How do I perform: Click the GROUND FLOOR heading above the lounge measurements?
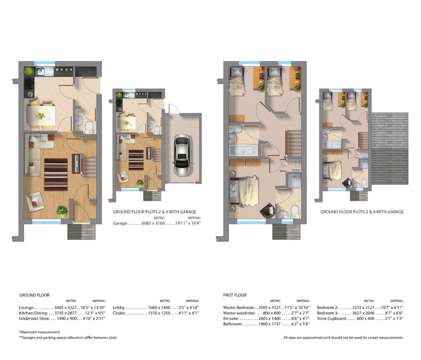(x=34, y=295)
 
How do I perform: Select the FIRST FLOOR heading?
(x=235, y=295)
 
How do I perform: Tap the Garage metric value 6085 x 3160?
(x=153, y=223)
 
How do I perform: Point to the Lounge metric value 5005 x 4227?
(x=65, y=308)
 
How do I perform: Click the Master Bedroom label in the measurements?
(x=238, y=308)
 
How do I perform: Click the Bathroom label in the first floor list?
(x=233, y=324)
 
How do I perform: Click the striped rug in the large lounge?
(x=56, y=175)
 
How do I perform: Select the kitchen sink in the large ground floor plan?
(x=41, y=72)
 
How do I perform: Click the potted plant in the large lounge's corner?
(x=62, y=211)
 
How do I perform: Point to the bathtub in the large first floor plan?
(x=244, y=151)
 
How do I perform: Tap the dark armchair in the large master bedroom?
(x=267, y=210)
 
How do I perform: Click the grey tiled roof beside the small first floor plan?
(x=390, y=148)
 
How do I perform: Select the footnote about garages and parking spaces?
(x=68, y=338)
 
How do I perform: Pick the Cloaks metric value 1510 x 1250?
(x=159, y=313)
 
